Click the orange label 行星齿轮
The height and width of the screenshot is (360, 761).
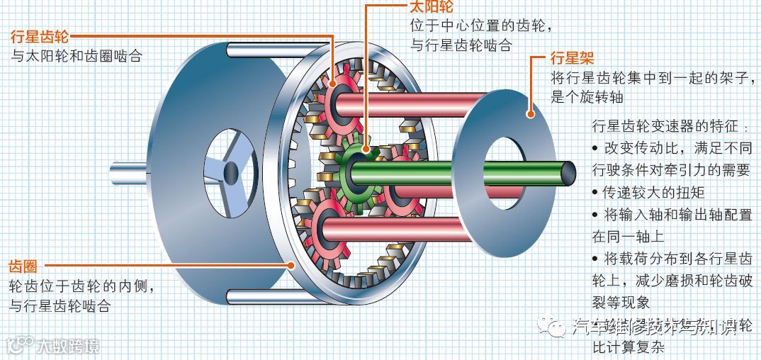click(40, 37)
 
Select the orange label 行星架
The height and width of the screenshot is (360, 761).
click(573, 57)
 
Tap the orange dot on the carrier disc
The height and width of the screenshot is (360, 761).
click(529, 111)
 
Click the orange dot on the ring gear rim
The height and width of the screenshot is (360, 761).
click(291, 266)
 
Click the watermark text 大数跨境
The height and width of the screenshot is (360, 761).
click(68, 347)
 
